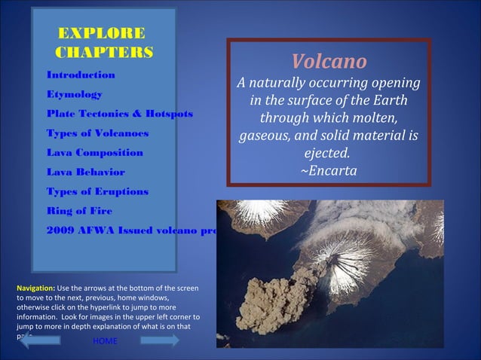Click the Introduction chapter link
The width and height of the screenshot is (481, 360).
(x=81, y=75)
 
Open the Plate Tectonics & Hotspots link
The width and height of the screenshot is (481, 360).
(x=119, y=114)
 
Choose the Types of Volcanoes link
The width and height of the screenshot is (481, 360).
(x=97, y=133)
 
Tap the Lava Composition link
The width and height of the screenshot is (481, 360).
(x=94, y=153)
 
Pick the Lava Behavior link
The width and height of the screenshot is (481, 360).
(x=85, y=172)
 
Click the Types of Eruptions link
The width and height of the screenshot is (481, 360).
(x=97, y=192)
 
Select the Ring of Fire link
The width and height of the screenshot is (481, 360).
(x=79, y=211)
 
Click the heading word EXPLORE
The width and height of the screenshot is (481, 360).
(x=102, y=33)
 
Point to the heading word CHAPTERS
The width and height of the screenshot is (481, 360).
(x=105, y=52)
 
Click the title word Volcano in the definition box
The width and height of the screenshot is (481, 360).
(x=329, y=60)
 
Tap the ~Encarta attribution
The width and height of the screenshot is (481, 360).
(x=329, y=171)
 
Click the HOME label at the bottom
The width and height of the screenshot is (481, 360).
(x=105, y=342)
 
